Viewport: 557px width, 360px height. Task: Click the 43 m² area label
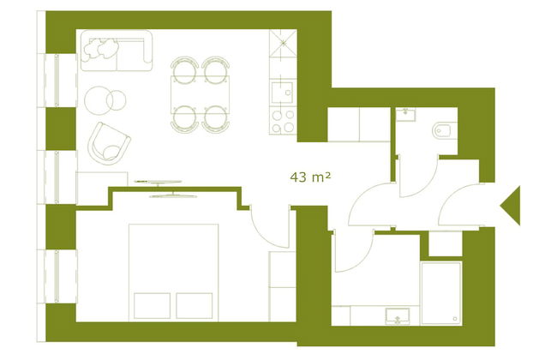[x=311, y=177]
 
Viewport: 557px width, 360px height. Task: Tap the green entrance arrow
[x=511, y=206]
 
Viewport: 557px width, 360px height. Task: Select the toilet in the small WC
[x=443, y=130]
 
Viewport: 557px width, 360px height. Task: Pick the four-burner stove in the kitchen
[x=283, y=120]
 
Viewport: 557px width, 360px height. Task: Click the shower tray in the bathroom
[x=440, y=292]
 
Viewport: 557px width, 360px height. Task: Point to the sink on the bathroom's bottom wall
[x=397, y=315]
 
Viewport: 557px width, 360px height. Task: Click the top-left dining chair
[x=183, y=68]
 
